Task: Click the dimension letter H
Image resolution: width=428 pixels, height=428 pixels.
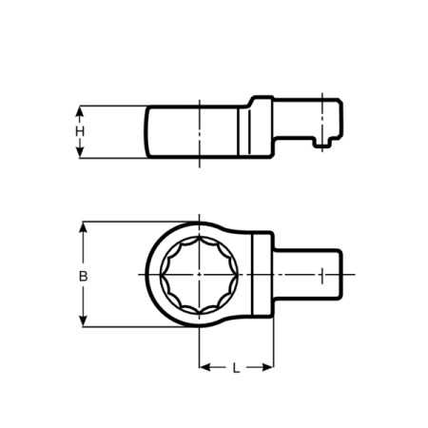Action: coord(81,131)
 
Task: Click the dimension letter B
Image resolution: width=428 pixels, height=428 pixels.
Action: coord(83,276)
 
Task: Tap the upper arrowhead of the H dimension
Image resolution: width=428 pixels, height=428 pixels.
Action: coord(81,108)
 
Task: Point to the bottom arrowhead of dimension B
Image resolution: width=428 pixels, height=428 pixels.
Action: coord(84,323)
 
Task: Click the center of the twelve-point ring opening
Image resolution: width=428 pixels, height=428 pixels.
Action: coord(199,276)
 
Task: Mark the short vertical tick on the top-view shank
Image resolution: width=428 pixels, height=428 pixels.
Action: coord(323,276)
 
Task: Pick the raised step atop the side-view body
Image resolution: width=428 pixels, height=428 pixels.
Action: coord(262,99)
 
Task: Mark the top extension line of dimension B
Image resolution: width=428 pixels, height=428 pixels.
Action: coord(124,222)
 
